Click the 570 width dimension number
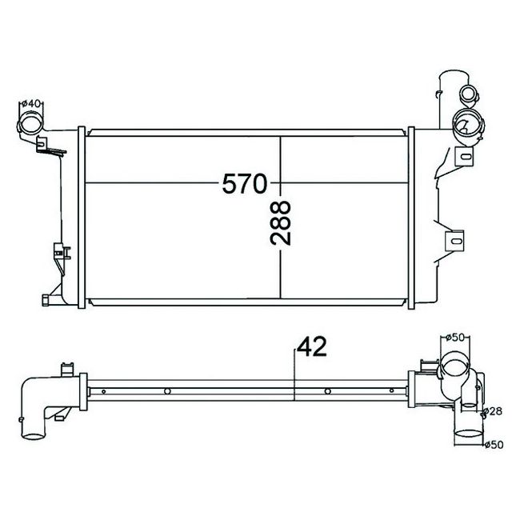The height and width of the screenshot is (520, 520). pos(244,184)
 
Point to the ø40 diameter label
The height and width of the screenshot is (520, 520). pos(31,102)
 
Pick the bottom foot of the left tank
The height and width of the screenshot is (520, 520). pos(46,299)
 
